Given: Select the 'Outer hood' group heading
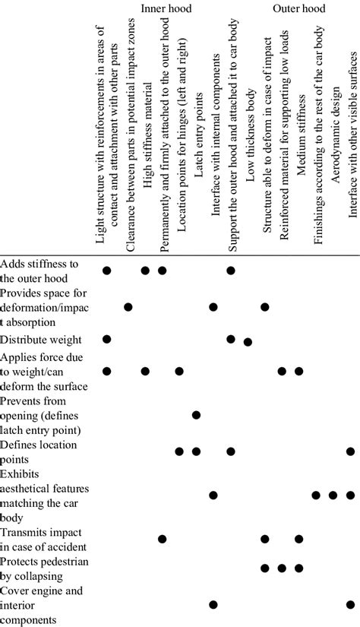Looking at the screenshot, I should point(299,9).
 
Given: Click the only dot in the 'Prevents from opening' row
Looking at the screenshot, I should point(196,414).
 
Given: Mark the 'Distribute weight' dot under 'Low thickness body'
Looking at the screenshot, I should point(248,342).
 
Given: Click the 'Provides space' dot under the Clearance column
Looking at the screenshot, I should point(128,306).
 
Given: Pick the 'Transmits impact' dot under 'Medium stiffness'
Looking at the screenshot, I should point(298,539).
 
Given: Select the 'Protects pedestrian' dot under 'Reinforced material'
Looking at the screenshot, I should point(282,567).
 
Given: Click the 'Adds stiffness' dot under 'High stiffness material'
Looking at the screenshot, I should point(145,270).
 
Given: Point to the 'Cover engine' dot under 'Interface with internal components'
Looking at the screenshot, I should point(213,604).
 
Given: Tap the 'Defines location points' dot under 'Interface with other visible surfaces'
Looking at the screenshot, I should point(350,451).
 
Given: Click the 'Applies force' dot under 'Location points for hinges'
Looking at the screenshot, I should point(179,371).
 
